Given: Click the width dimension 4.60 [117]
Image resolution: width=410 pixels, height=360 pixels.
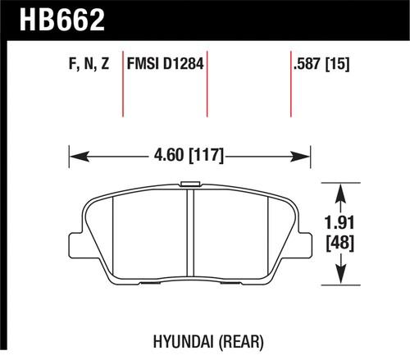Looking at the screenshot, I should point(189,153).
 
